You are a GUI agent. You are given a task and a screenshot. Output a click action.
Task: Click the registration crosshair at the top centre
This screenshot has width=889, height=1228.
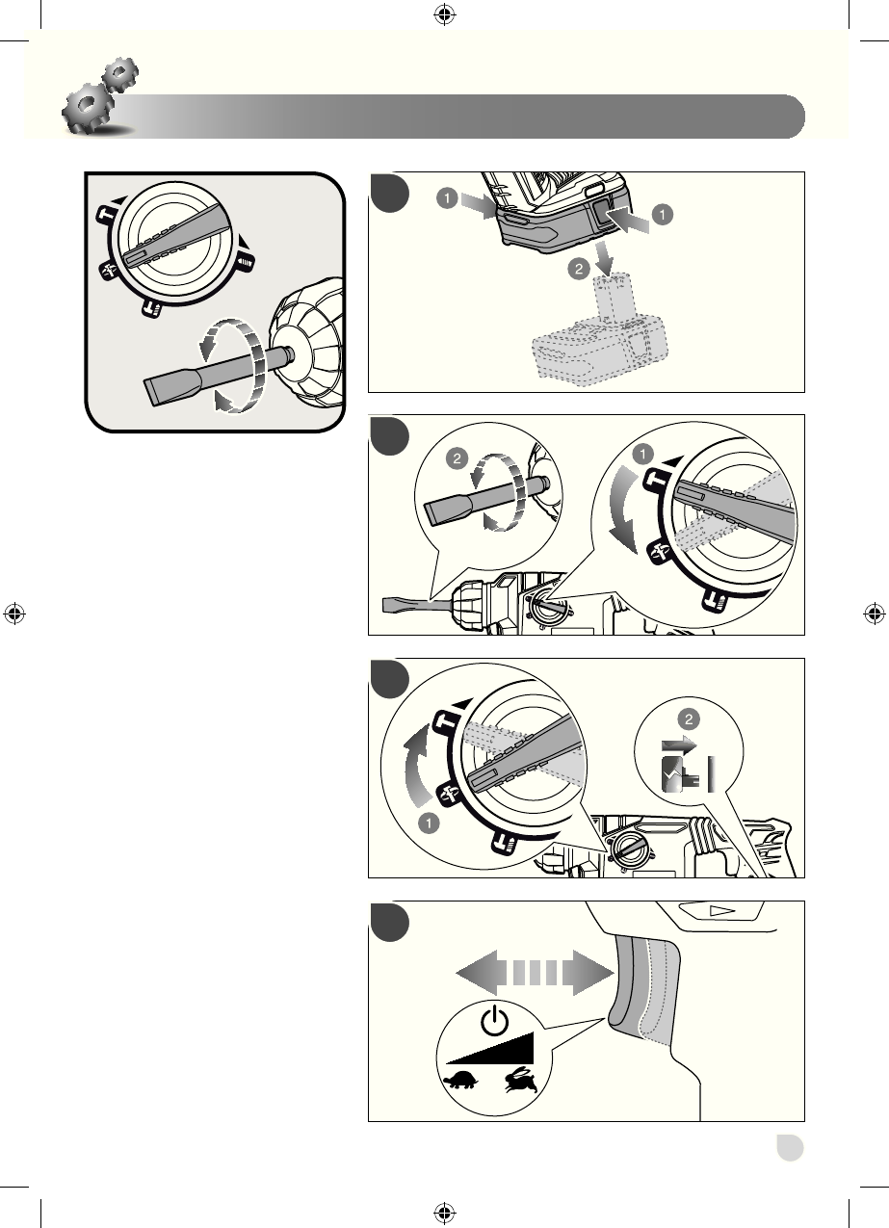pyautogui.click(x=444, y=13)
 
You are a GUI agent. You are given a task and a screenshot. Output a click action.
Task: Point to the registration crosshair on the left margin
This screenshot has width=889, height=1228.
pyautogui.click(x=14, y=614)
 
